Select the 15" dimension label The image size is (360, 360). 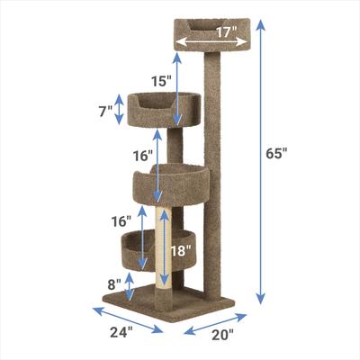tap(161, 81)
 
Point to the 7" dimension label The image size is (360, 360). tap(105, 111)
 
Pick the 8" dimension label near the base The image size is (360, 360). tap(115, 284)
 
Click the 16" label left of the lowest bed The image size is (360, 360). tap(121, 220)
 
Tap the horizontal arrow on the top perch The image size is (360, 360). tap(207, 40)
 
